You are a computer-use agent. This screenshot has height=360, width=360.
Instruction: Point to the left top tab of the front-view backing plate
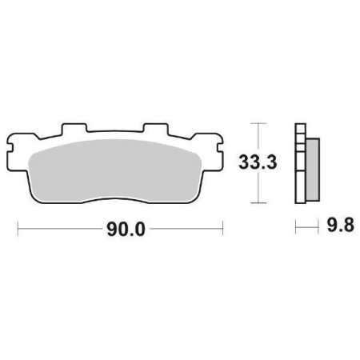click(x=74, y=129)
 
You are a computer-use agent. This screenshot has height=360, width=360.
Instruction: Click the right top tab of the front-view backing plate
click(x=154, y=129)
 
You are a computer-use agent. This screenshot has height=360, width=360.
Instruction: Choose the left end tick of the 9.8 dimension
click(x=295, y=229)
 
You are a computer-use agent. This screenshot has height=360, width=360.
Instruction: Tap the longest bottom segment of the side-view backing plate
click(x=300, y=180)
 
